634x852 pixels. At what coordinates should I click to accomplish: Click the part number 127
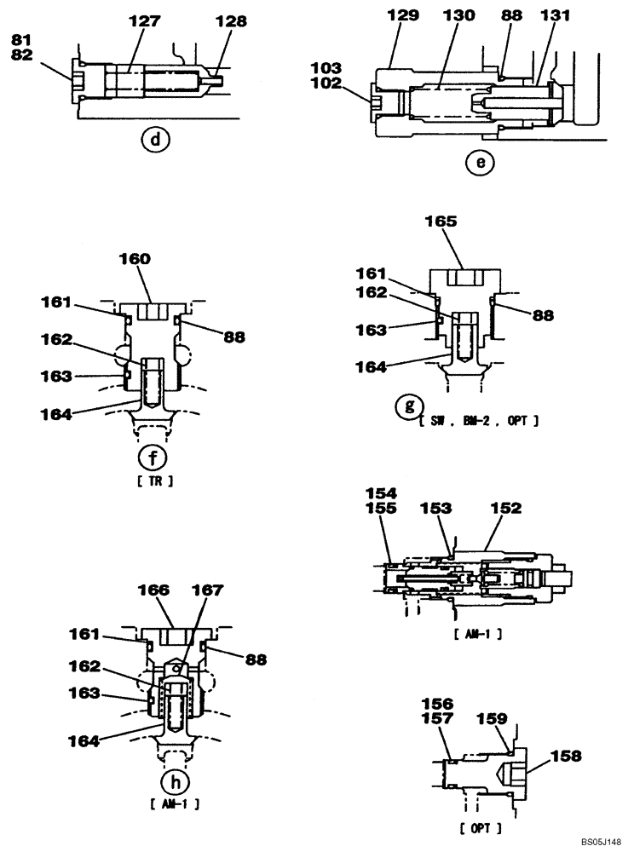[x=144, y=23]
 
